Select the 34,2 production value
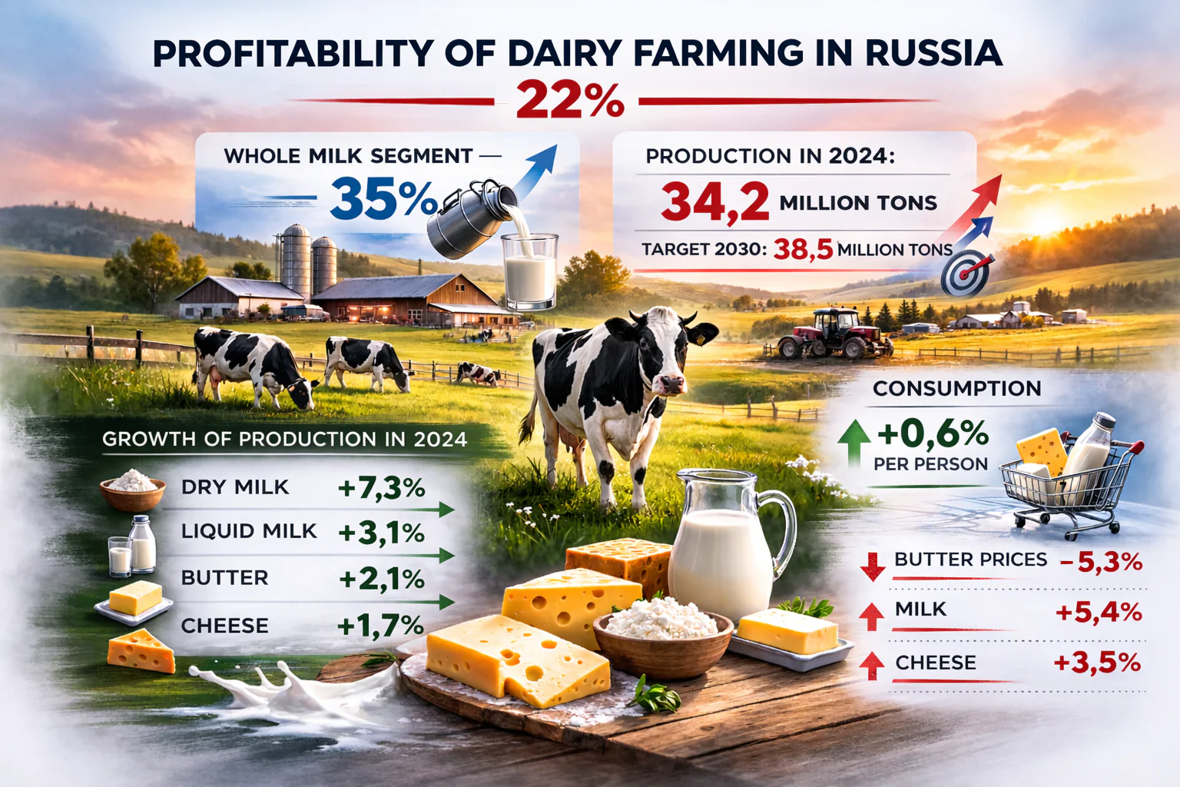coord(714,202)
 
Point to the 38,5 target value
coord(803,249)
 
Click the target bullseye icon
coord(965,273)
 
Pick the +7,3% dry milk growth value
coord(381,487)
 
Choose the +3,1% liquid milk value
coord(381,533)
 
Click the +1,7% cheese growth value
coord(380,626)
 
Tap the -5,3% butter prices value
coord(1101,563)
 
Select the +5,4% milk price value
coord(1099,613)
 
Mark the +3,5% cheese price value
coord(1098,662)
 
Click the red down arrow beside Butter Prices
coord(873,566)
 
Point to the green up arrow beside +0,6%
coord(854,449)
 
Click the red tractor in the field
coord(834,334)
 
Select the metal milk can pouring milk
coord(469,219)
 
